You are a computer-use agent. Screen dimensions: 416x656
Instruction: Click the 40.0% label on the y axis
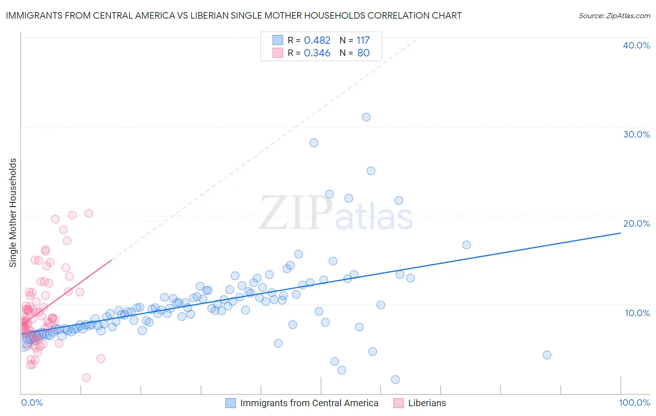tap(636, 45)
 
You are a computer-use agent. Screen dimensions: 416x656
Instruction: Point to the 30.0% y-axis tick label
tap(636, 134)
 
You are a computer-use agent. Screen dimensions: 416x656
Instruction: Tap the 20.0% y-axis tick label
tap(636, 223)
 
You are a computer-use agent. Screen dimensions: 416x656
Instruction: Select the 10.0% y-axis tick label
tap(637, 313)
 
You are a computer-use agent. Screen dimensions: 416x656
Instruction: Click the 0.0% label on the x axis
tap(32, 402)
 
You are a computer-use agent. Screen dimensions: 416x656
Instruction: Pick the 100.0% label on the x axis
tap(635, 402)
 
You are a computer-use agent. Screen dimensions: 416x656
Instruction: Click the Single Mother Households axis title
tap(13, 213)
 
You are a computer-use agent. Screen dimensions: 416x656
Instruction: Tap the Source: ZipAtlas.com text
tap(614, 16)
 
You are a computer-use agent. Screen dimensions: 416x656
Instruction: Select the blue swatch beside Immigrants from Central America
tap(230, 403)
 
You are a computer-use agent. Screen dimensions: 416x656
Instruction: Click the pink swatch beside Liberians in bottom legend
tap(398, 403)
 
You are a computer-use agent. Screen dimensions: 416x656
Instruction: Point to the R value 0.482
tap(317, 41)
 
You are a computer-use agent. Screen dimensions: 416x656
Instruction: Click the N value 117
tap(363, 41)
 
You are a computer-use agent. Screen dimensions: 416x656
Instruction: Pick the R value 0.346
tap(317, 53)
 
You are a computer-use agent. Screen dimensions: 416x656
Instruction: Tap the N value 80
tap(363, 53)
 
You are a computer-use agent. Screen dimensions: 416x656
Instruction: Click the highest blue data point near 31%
tap(366, 117)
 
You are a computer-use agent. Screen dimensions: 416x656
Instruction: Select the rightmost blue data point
tap(547, 355)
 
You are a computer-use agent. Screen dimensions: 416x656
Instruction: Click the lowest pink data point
tap(86, 378)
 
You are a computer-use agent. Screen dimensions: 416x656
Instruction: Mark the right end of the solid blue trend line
tap(621, 232)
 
